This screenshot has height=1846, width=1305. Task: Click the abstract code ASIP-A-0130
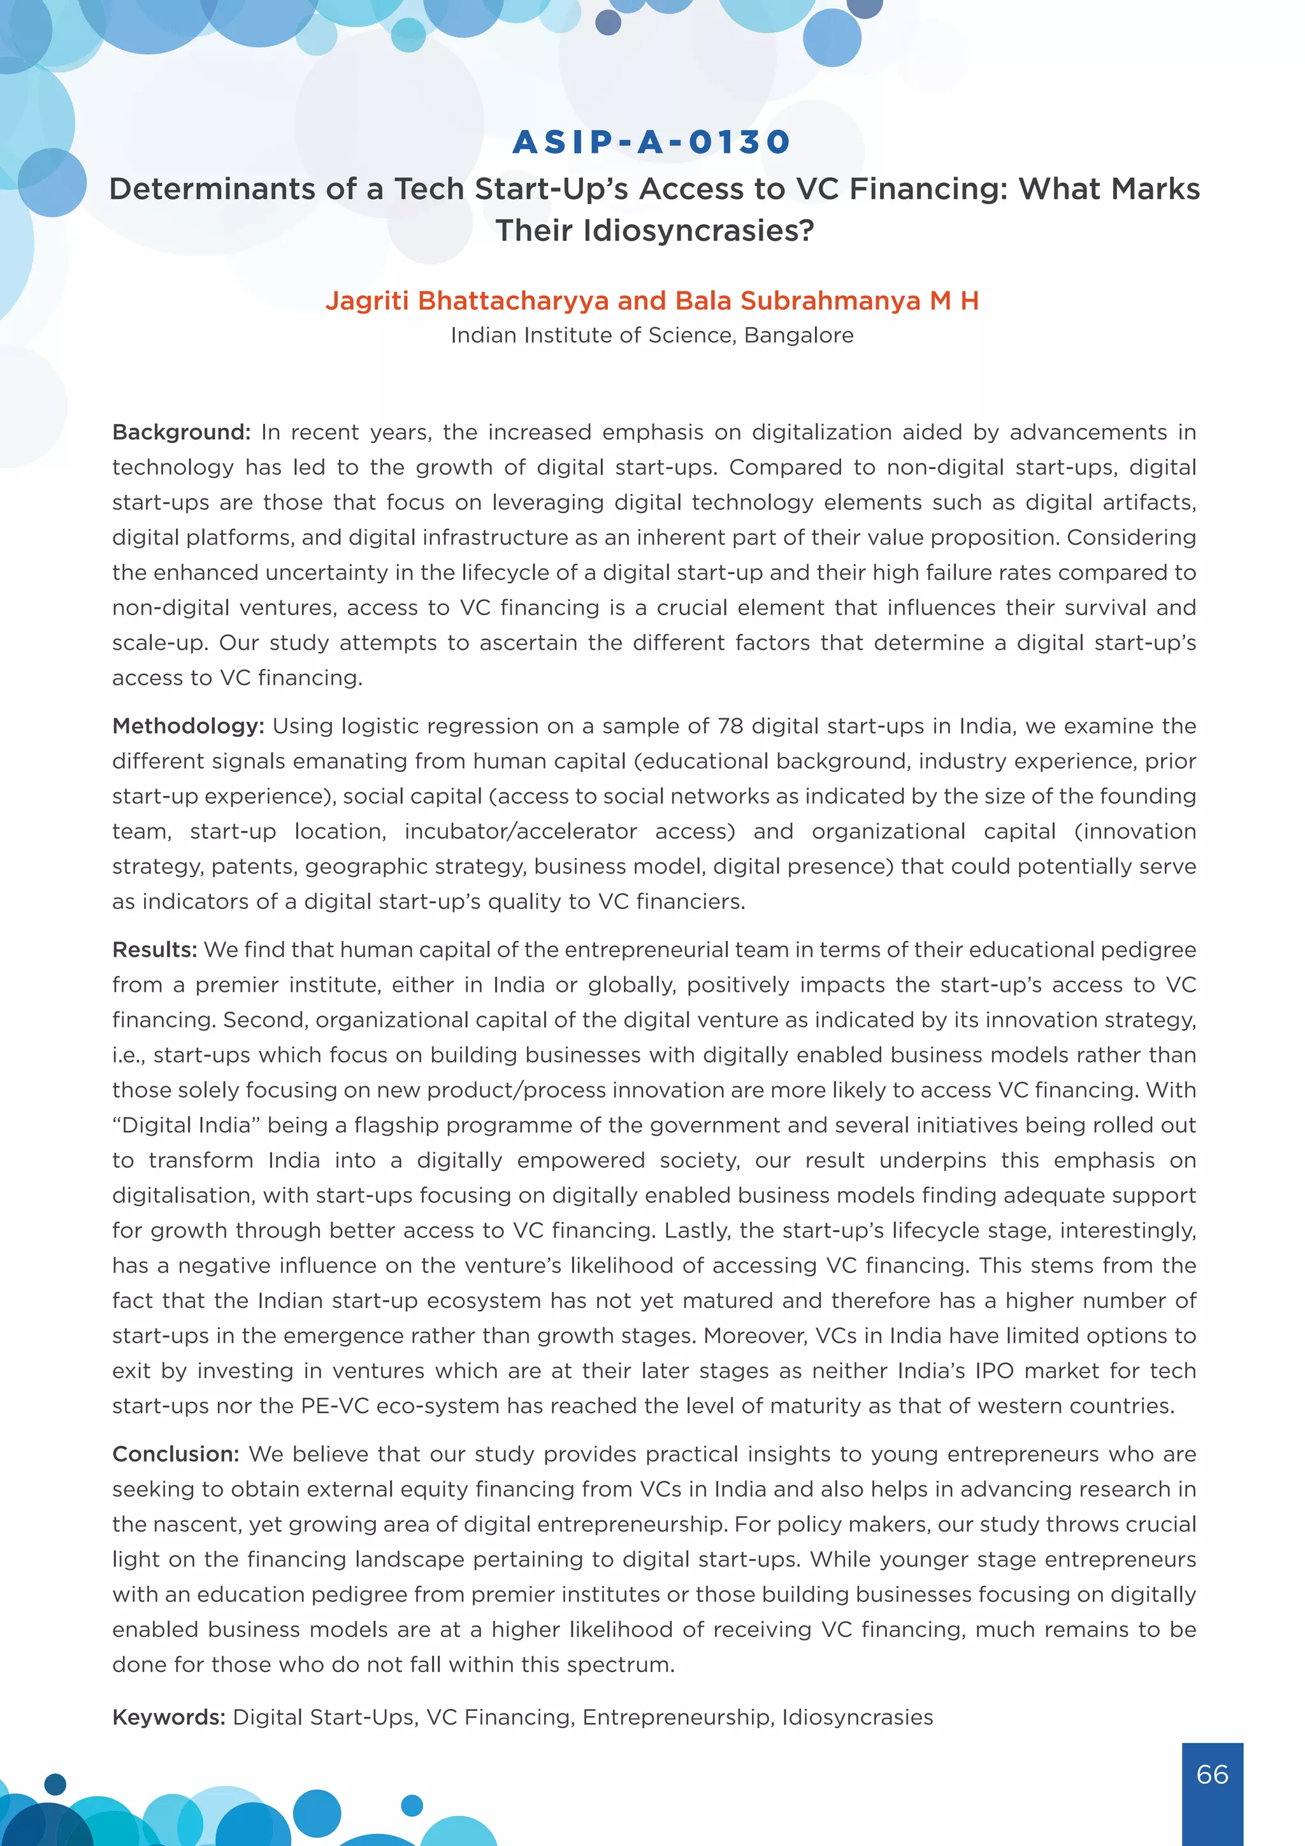652,142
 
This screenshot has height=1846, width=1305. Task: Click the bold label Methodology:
188,726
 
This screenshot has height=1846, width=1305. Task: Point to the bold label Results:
154,950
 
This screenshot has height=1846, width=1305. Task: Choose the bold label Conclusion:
176,1453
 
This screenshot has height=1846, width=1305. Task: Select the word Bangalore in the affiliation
799,335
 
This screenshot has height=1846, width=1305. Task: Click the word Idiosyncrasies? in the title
655,231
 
